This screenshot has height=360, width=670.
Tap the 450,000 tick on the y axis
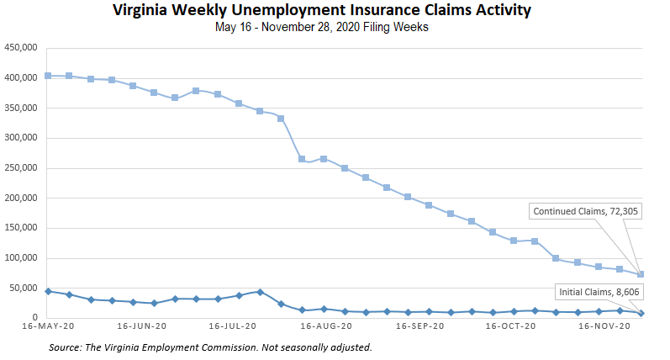(20, 48)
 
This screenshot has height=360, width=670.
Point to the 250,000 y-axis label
(20, 168)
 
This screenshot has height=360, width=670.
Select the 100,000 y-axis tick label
(20, 258)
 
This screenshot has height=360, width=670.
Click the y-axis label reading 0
(35, 318)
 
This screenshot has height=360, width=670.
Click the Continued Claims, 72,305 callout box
(586, 211)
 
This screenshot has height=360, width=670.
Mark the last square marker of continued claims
(641, 274)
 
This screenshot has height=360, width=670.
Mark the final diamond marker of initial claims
(641, 313)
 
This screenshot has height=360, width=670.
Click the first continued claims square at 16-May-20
(48, 76)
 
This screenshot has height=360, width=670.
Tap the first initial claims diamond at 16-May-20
(48, 291)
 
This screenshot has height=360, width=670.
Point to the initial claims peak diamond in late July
(260, 292)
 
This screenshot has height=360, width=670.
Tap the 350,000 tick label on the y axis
(20, 109)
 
